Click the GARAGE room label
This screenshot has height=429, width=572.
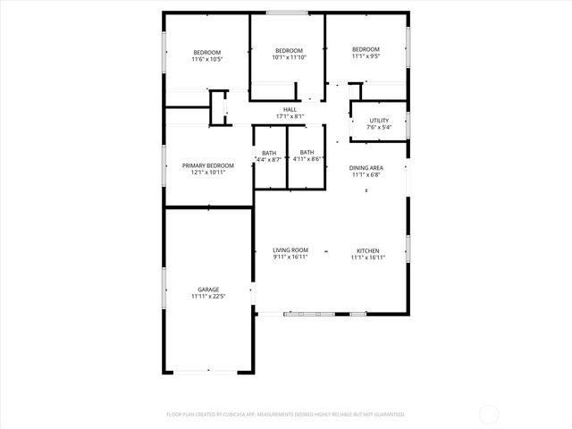tap(208, 289)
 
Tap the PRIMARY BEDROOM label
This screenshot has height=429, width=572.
tap(208, 165)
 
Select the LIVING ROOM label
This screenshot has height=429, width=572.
tap(290, 249)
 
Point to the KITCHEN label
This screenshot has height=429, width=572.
tap(368, 249)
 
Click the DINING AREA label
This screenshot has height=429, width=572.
tap(366, 168)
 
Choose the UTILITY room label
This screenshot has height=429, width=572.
tap(379, 120)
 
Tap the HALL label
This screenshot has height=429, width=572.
tap(290, 109)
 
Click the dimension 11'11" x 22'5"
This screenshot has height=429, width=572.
tap(208, 296)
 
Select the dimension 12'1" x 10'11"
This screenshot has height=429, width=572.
tap(208, 172)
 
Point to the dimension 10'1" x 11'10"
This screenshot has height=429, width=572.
tap(289, 57)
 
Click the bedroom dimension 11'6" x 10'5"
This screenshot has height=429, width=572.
tap(207, 60)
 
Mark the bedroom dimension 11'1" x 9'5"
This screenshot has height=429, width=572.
tap(366, 56)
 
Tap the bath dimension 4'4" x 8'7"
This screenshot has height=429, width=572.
tap(269, 159)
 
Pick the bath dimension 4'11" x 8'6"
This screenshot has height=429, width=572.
tap(307, 159)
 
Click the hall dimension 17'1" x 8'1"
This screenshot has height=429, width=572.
tap(290, 116)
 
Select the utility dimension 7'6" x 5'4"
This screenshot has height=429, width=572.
tap(379, 127)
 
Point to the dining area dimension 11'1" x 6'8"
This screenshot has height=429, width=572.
tap(366, 175)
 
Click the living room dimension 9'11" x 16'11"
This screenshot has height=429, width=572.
tap(290, 257)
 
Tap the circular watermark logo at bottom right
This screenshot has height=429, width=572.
tap(491, 414)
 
